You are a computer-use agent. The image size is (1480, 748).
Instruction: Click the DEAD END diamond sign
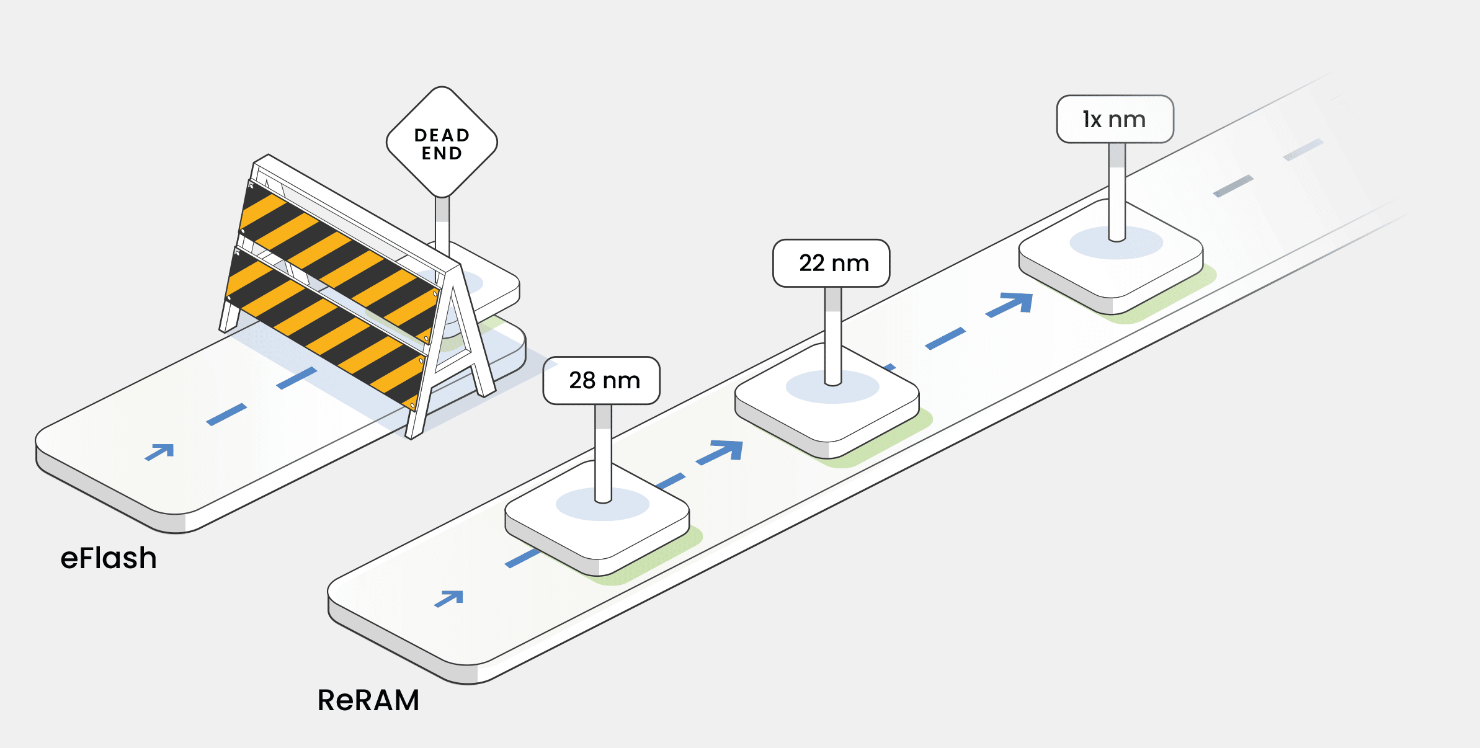(442, 143)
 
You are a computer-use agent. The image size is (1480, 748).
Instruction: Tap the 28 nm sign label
(602, 380)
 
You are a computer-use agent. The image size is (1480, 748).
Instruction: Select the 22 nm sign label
(831, 263)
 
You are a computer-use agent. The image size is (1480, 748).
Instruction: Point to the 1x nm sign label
(1115, 119)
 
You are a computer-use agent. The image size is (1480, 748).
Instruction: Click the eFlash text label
(109, 558)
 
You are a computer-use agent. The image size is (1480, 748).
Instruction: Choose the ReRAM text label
(368, 700)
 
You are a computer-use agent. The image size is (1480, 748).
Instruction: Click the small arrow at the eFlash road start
(160, 452)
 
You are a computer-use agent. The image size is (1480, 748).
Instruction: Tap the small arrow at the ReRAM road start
(450, 599)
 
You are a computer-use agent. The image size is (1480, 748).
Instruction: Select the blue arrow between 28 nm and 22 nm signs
(720, 452)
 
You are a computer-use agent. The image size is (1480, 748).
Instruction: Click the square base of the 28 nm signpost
(597, 527)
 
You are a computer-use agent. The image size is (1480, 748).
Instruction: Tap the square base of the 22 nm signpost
(827, 409)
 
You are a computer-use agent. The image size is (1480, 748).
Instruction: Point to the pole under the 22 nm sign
(833, 335)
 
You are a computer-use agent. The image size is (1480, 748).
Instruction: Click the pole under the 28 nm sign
(604, 453)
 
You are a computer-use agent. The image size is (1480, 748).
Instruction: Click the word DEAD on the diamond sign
(442, 135)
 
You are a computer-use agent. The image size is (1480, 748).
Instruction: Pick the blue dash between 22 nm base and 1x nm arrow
(945, 339)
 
